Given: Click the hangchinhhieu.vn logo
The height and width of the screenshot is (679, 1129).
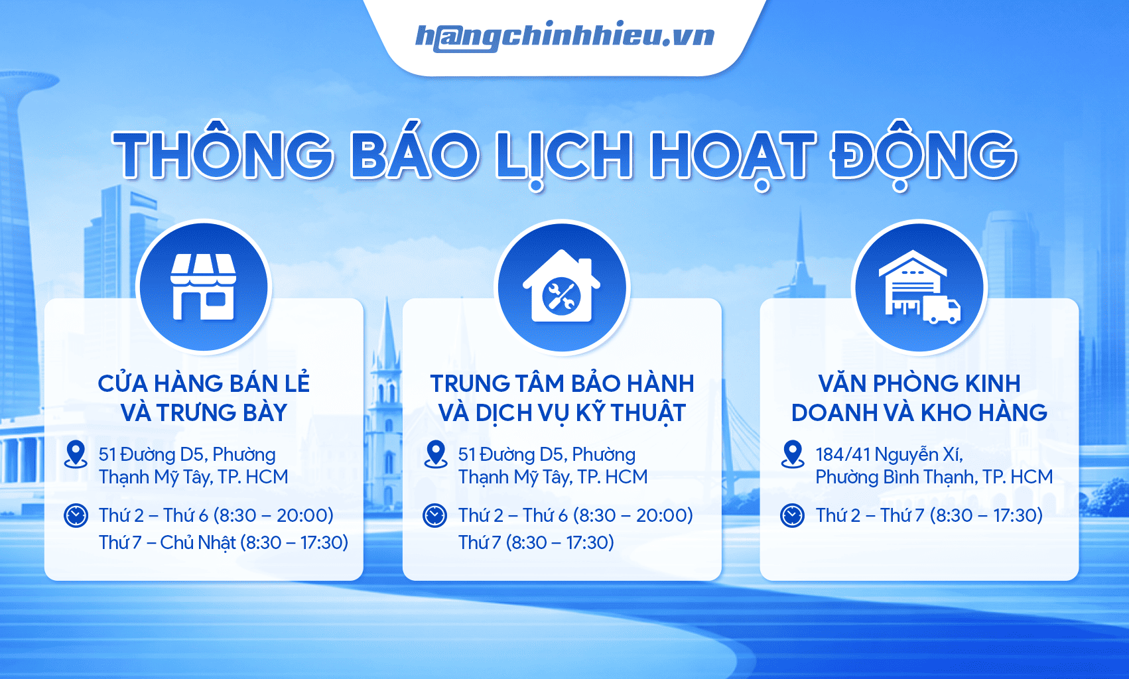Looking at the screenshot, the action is [x=564, y=36].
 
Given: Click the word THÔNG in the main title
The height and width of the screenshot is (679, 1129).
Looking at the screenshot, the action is [x=223, y=154].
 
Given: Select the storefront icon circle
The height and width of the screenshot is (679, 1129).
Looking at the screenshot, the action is [x=204, y=287].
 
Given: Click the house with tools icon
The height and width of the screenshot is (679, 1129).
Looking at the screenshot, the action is [x=561, y=286].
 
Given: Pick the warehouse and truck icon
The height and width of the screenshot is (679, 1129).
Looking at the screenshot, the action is [x=919, y=287].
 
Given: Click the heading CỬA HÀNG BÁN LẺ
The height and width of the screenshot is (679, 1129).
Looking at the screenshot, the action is [x=204, y=384].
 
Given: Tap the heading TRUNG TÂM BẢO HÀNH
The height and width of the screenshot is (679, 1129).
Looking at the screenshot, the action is [x=562, y=384].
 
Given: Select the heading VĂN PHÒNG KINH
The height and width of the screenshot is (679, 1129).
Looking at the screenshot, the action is [x=919, y=384].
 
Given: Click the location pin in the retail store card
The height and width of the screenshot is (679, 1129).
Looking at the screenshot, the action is [x=76, y=454].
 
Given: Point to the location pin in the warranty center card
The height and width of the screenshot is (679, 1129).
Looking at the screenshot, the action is [x=435, y=454].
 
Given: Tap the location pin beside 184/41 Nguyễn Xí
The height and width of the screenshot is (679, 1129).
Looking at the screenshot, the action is [x=792, y=454].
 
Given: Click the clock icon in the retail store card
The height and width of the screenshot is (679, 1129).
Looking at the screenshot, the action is [x=76, y=516].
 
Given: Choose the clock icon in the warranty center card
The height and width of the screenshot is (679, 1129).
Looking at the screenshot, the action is [x=434, y=516].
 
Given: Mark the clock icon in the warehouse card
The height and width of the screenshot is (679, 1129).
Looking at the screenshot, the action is [x=792, y=516].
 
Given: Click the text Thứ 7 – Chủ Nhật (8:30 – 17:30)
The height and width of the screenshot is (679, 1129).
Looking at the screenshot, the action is [x=224, y=542].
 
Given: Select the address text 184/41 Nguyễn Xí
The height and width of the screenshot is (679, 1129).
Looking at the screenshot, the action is [x=889, y=454].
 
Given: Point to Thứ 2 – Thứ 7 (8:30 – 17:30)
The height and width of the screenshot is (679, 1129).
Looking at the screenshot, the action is [x=929, y=515].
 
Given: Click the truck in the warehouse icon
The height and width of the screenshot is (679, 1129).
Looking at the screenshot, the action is [x=941, y=309].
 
